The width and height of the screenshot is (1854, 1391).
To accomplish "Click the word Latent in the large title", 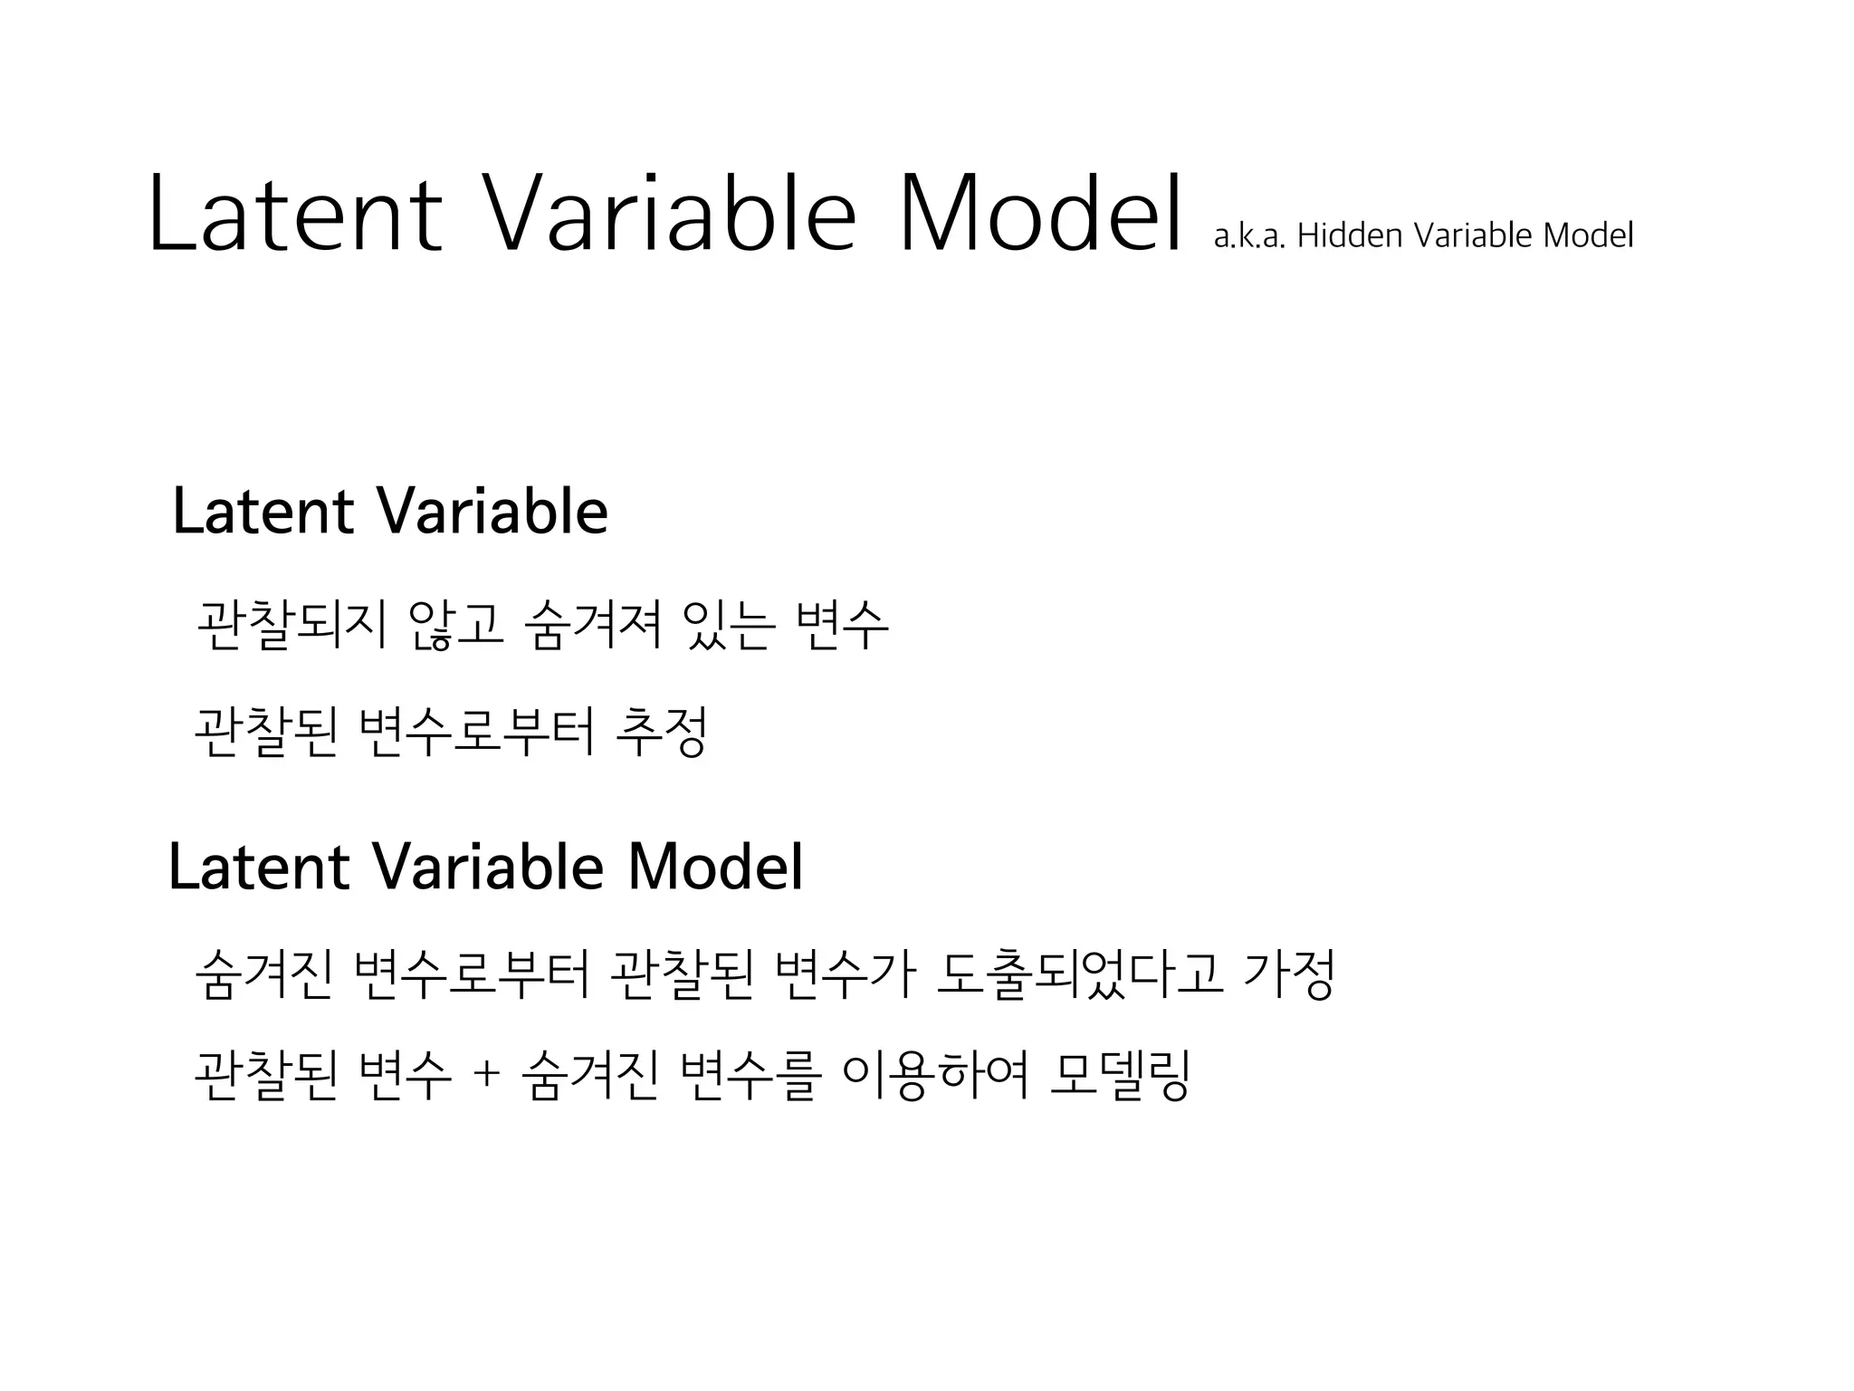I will click(295, 214).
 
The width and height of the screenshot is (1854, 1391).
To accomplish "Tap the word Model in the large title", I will click(1040, 214).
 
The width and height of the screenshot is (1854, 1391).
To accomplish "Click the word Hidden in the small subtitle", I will click(1351, 235).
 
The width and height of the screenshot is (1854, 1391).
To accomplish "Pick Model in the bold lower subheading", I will click(714, 867).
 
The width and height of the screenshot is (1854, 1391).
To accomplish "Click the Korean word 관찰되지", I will click(291, 624).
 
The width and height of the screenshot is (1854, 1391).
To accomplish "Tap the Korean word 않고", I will click(455, 624).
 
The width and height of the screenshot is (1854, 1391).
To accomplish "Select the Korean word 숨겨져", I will click(594, 624).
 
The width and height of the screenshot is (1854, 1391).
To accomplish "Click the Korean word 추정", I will click(661, 732).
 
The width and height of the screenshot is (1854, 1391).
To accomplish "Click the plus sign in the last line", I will click(486, 1075).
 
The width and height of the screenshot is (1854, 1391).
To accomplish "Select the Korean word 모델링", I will click(1120, 1075).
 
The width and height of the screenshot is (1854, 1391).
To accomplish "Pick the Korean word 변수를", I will click(750, 1075).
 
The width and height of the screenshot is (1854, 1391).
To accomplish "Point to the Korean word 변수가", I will click(846, 975).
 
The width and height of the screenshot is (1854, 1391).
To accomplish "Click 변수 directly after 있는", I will click(842, 624).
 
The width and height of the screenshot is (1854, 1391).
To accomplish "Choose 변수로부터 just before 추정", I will click(477, 732).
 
